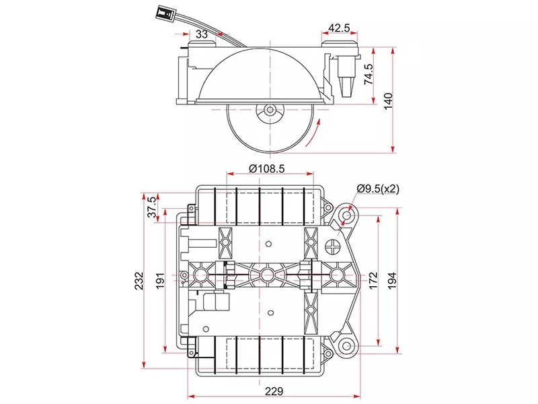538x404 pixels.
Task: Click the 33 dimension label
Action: coord(202,34)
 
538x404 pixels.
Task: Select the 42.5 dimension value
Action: coord(339,29)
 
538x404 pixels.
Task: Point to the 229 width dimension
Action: coord(273,391)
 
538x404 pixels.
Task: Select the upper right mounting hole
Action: coord(348,214)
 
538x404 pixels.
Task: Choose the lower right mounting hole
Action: coord(347,346)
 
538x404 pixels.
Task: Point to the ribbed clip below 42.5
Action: coord(347,85)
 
